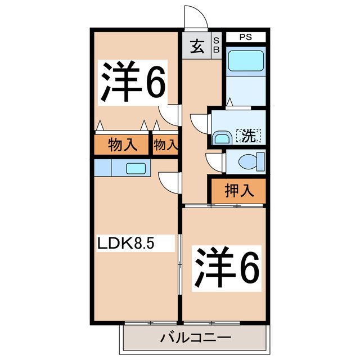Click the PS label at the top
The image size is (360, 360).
(x=245, y=38)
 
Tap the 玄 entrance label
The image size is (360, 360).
(x=196, y=47)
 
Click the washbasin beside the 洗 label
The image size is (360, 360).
(x=220, y=138)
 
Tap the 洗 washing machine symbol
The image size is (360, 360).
(x=249, y=135)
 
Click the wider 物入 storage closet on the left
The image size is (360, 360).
(x=122, y=145)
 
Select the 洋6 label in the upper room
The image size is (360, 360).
(x=133, y=82)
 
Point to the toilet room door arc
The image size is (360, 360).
(x=214, y=161)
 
